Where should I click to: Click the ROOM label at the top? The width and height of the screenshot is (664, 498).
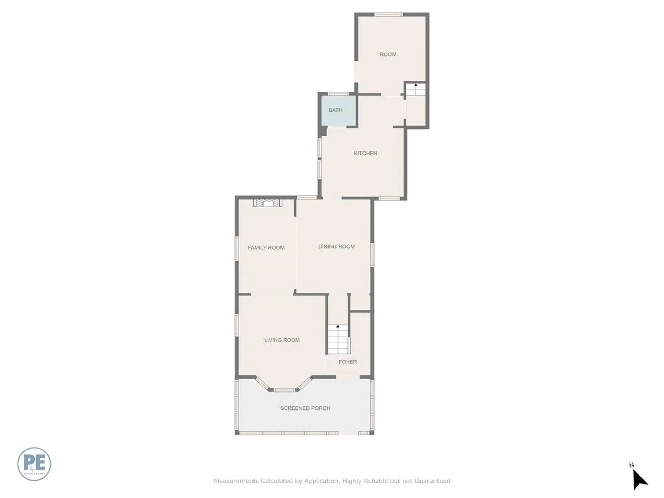(388, 54)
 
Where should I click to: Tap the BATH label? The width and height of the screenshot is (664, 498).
(335, 110)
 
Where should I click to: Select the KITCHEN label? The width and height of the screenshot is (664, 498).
(365, 153)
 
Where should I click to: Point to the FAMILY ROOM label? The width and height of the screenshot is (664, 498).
(266, 248)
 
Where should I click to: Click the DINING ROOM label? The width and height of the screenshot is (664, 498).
(336, 247)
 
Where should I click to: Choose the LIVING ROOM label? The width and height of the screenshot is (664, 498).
(282, 340)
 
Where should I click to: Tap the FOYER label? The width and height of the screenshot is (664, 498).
(348, 362)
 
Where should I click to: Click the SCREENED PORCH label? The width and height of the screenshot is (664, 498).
(305, 408)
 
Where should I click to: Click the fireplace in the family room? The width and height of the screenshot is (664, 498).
(268, 203)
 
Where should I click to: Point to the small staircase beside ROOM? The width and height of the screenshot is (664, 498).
(415, 90)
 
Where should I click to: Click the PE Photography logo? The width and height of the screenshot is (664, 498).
(34, 464)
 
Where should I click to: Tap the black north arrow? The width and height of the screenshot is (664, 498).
(639, 479)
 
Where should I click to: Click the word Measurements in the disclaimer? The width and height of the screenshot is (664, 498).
(236, 481)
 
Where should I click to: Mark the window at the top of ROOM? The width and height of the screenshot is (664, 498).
(388, 15)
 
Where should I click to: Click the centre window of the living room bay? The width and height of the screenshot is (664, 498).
(284, 390)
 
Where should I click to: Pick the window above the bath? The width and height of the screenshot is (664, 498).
(338, 94)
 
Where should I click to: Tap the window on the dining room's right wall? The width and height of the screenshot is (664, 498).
(372, 255)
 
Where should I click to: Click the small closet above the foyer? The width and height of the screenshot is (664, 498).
(360, 303)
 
